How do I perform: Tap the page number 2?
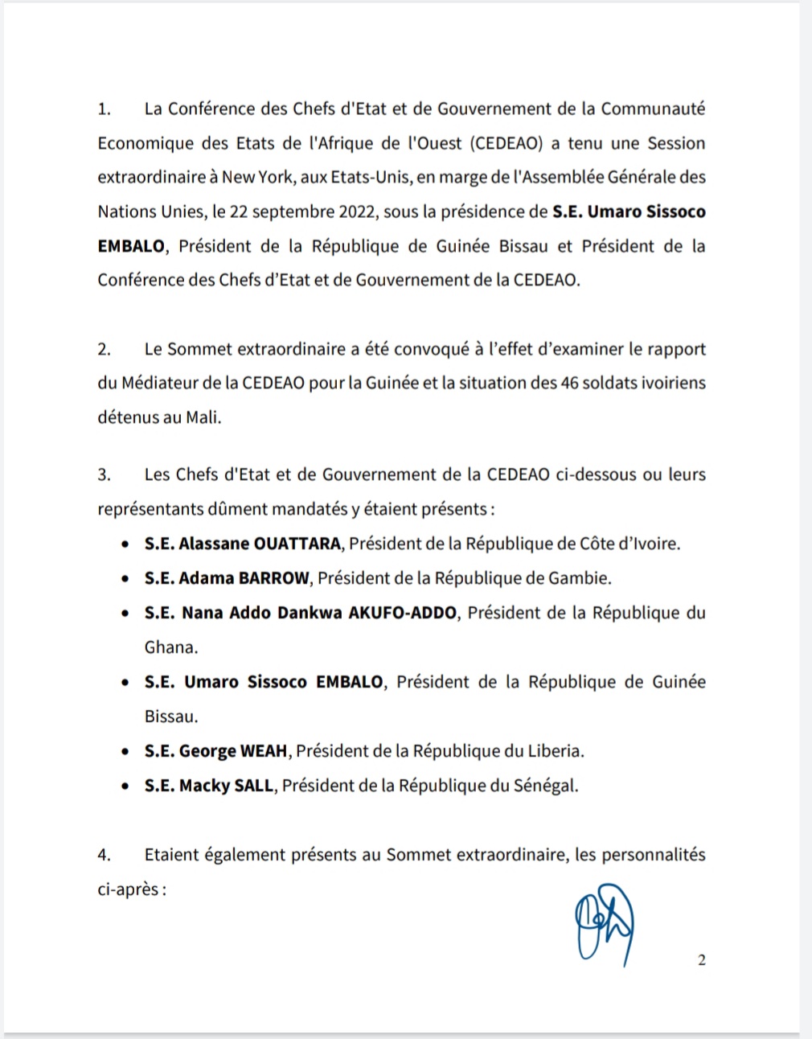pyautogui.click(x=702, y=960)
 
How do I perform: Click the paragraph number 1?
pyautogui.click(x=103, y=109)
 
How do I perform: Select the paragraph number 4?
pyautogui.click(x=104, y=855)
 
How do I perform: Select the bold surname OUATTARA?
pyautogui.click(x=297, y=544)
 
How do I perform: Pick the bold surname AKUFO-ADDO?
pyautogui.click(x=404, y=613)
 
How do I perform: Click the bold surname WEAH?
pyautogui.click(x=264, y=751)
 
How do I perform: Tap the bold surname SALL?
pyautogui.click(x=253, y=786)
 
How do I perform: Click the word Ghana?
pyautogui.click(x=170, y=647)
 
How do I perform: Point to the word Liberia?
pyautogui.click(x=554, y=751)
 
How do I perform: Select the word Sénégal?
pyautogui.click(x=545, y=786)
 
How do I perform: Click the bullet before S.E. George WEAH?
pyautogui.click(x=125, y=752)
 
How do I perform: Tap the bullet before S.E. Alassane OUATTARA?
pyautogui.click(x=125, y=544)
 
